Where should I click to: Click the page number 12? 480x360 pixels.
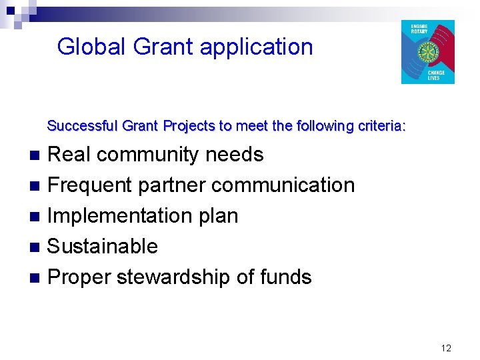tap(446, 347)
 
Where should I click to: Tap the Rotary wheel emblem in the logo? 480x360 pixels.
tap(427, 52)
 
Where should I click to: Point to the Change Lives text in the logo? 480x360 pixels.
tap(436, 75)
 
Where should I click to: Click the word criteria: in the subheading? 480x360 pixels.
tap(384, 125)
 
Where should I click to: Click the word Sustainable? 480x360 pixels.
tap(103, 246)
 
